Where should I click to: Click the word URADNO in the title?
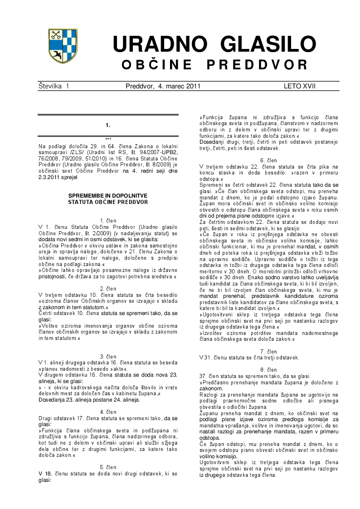click(x=161, y=45)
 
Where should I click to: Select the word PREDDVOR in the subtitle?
click(x=258, y=65)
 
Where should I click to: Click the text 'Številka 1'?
click(x=54, y=86)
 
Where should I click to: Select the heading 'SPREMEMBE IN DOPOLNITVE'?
click(x=108, y=195)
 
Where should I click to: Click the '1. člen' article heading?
click(x=108, y=221)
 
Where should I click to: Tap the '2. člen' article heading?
click(x=108, y=288)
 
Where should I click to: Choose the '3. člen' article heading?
click(x=108, y=356)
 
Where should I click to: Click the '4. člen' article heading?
click(x=108, y=412)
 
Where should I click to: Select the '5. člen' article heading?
click(x=108, y=467)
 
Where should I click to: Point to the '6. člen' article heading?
click(x=269, y=160)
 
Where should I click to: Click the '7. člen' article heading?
click(x=269, y=352)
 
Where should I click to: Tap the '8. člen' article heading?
click(x=269, y=370)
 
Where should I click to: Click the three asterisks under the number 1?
click(x=108, y=139)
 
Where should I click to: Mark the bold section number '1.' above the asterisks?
click(x=108, y=125)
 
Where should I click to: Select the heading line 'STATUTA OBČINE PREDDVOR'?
click(x=108, y=202)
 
